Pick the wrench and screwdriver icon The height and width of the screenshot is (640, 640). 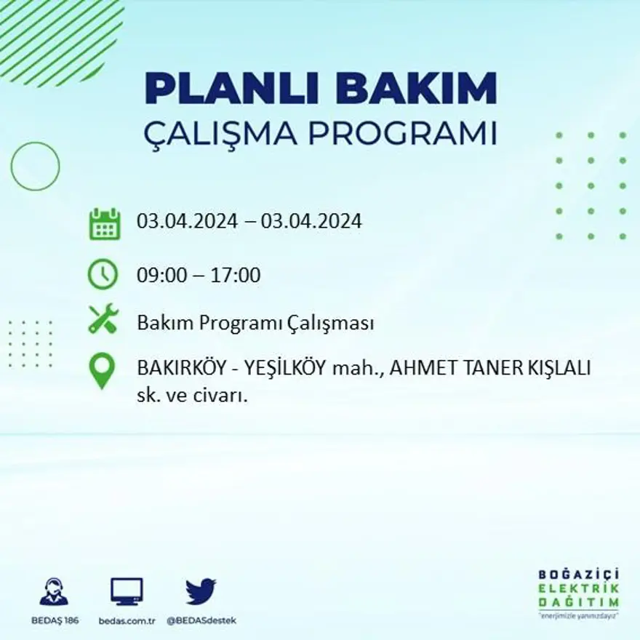(103, 319)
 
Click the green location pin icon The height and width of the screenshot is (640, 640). (103, 369)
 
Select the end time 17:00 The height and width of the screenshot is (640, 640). (236, 276)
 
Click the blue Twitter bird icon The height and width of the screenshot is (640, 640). (201, 591)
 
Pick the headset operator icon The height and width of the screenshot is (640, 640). (54, 592)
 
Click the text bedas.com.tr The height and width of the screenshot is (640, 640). (127, 620)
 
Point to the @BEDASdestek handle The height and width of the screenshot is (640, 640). (201, 620)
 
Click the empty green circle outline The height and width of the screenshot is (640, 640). (35, 167)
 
